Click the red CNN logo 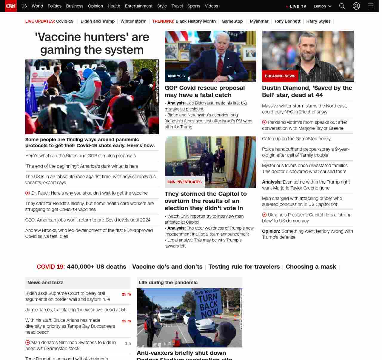pyautogui.click(x=11, y=6)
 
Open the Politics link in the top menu pyautogui.click(x=54, y=6)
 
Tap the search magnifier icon pyautogui.click(x=342, y=6)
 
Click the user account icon pyautogui.click(x=356, y=6)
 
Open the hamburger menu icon pyautogui.click(x=371, y=6)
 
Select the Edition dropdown pyautogui.click(x=322, y=6)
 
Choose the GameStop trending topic pyautogui.click(x=232, y=21)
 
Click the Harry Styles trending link pyautogui.click(x=318, y=21)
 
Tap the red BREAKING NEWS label pyautogui.click(x=280, y=76)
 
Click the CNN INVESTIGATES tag pyautogui.click(x=184, y=182)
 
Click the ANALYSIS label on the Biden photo pyautogui.click(x=176, y=76)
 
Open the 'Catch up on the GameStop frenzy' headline pyautogui.click(x=296, y=139)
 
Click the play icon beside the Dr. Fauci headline pyautogui.click(x=28, y=193)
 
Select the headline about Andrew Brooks pyautogui.click(x=89, y=233)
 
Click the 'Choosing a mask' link pyautogui.click(x=311, y=267)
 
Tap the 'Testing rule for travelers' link pyautogui.click(x=244, y=267)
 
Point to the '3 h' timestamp pyautogui.click(x=128, y=344)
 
